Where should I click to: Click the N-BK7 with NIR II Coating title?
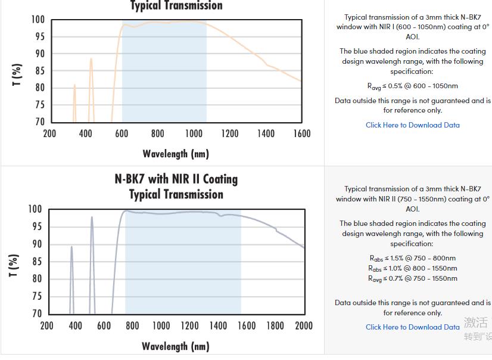point(176,179)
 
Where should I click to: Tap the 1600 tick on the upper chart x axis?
point(302,134)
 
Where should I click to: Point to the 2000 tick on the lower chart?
point(304,325)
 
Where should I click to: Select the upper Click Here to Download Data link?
point(413,125)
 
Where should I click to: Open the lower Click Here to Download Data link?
point(413,327)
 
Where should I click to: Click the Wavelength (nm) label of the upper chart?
point(176,154)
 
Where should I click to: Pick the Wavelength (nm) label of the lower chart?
point(176,346)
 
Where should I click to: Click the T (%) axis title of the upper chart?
point(17,75)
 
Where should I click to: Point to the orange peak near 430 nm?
point(91,59)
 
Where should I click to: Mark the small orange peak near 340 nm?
point(74,85)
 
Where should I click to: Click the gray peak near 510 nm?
point(92,218)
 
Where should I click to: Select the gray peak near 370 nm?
point(71,247)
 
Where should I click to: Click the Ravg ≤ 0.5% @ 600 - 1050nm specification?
point(412,86)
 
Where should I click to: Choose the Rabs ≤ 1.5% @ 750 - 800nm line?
point(412,258)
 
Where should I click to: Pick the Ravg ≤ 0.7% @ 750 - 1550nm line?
point(412,278)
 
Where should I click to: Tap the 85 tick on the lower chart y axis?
point(37,262)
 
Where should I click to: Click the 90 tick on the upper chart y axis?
point(39,54)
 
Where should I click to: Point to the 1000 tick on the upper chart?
point(194,134)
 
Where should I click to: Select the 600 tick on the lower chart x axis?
point(104,325)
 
